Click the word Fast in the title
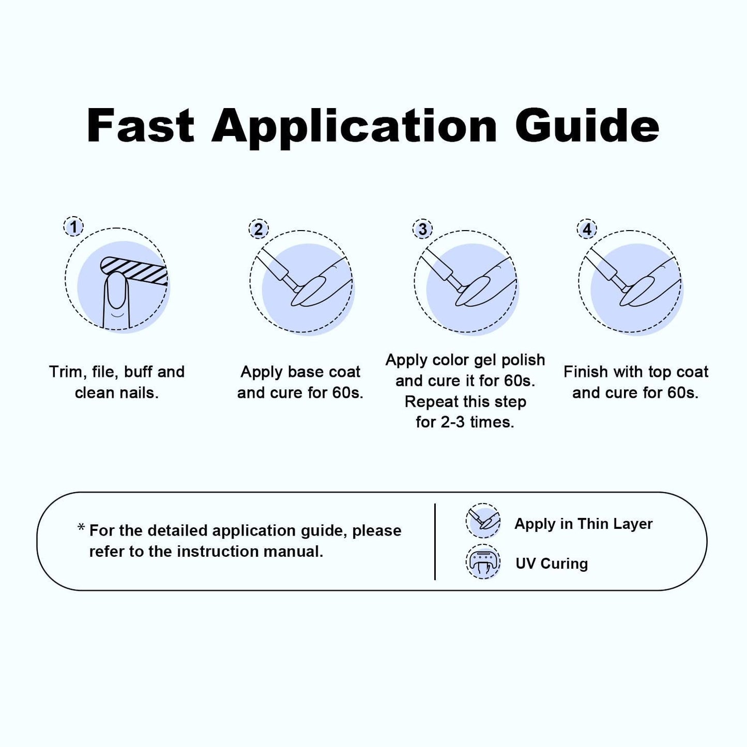click(140, 126)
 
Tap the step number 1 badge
click(73, 226)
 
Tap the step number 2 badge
click(258, 229)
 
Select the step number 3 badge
click(422, 229)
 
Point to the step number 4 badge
click(587, 229)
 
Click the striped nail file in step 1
click(134, 270)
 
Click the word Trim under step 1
click(68, 372)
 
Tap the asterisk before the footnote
click(81, 527)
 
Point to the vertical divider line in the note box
click(435, 542)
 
